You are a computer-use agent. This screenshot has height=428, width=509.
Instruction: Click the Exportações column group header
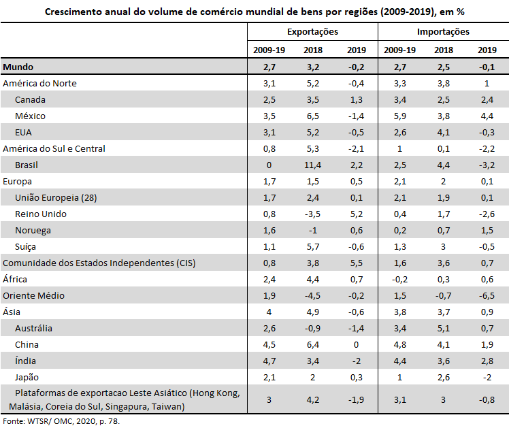(312, 32)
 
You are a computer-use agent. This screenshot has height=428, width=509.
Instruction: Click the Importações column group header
(443, 32)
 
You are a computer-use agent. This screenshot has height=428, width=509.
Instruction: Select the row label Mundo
(18, 67)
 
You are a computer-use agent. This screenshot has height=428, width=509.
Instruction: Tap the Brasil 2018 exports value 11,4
(312, 165)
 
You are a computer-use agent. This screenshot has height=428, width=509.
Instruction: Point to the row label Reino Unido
(41, 214)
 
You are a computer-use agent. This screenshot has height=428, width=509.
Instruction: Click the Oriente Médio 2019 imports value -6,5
(487, 295)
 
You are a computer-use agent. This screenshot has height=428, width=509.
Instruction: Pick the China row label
(27, 344)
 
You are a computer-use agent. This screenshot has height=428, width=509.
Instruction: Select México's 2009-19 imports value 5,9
(400, 116)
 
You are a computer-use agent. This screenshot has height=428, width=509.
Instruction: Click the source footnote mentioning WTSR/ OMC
(61, 421)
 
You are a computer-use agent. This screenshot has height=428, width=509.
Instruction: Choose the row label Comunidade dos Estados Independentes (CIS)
(99, 263)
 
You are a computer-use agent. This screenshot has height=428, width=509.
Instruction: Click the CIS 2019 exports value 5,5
(357, 263)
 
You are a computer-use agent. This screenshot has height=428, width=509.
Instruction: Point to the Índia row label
(25, 361)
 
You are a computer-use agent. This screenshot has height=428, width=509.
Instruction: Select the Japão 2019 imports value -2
(487, 378)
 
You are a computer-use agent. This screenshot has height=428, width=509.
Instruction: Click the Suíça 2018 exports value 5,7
(313, 247)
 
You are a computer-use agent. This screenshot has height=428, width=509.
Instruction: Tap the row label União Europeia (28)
(56, 197)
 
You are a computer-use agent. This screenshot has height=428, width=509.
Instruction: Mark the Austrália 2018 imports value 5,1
(444, 329)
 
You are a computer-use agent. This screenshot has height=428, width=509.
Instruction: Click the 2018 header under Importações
(444, 50)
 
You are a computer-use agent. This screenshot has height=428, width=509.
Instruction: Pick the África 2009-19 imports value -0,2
(399, 280)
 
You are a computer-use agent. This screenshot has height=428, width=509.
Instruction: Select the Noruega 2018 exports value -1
(312, 231)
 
